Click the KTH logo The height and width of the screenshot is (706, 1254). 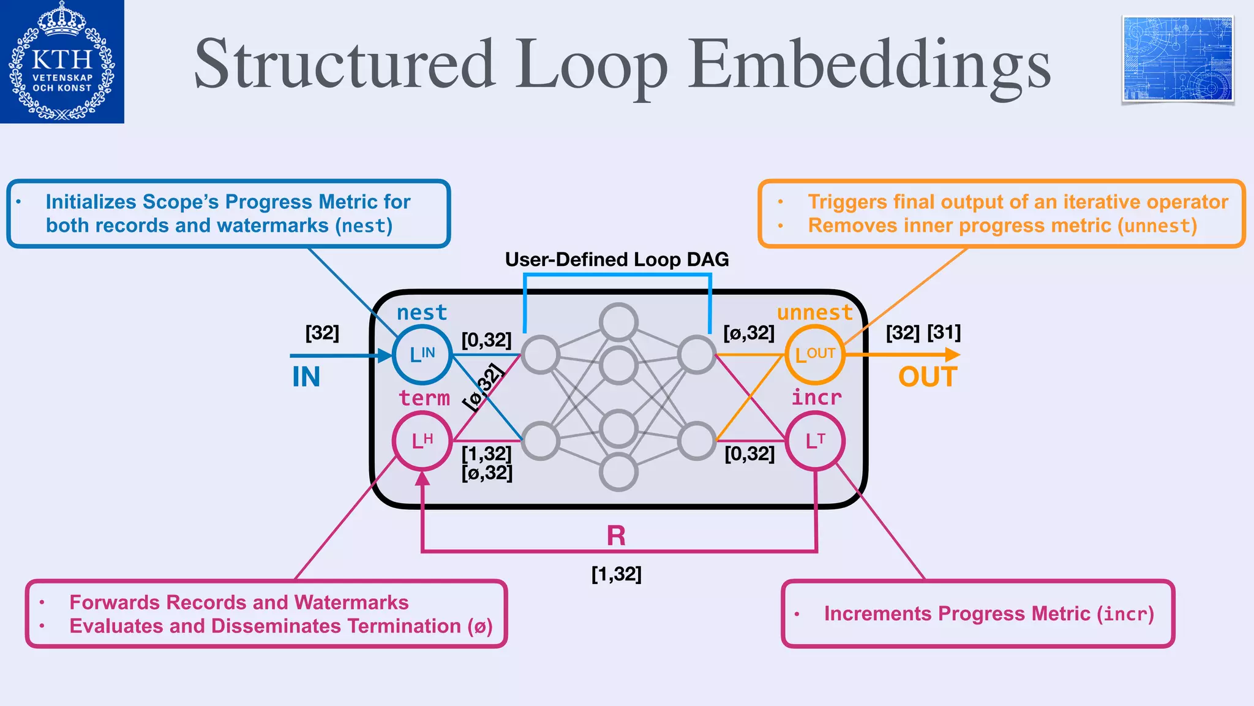click(x=62, y=61)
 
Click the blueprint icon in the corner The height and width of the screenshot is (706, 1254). click(x=1177, y=59)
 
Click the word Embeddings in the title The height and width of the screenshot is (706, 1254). click(x=869, y=65)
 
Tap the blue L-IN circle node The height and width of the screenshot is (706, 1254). click(x=422, y=355)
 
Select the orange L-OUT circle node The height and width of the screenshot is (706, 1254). click(x=815, y=355)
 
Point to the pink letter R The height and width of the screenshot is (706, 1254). click(x=616, y=536)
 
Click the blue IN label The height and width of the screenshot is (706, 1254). click(x=306, y=377)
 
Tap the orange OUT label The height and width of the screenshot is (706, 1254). click(x=928, y=377)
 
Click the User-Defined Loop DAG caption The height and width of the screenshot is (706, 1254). click(x=617, y=260)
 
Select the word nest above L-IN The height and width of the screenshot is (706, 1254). click(x=422, y=313)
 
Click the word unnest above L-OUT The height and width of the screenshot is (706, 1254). click(x=814, y=313)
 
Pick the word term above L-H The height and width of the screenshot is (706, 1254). click(x=424, y=398)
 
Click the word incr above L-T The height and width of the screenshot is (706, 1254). click(x=816, y=398)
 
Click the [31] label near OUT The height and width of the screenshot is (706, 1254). click(x=944, y=333)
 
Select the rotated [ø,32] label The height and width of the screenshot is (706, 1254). click(x=484, y=387)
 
